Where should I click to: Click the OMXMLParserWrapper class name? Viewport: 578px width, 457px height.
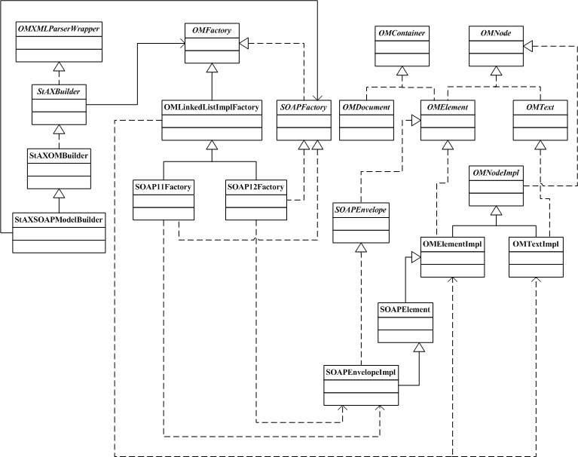(60, 29)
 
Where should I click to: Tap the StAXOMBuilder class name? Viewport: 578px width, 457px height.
(60, 156)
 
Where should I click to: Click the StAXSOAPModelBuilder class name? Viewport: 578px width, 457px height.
(60, 219)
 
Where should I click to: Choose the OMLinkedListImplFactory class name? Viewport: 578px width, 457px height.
(212, 108)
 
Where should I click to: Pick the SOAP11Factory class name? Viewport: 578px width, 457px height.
(163, 185)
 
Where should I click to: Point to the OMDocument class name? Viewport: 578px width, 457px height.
(365, 108)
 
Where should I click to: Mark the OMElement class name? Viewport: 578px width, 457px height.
(447, 108)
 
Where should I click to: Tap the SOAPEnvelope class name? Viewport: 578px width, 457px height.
(360, 208)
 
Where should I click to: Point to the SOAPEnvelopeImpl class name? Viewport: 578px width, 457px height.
(361, 372)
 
